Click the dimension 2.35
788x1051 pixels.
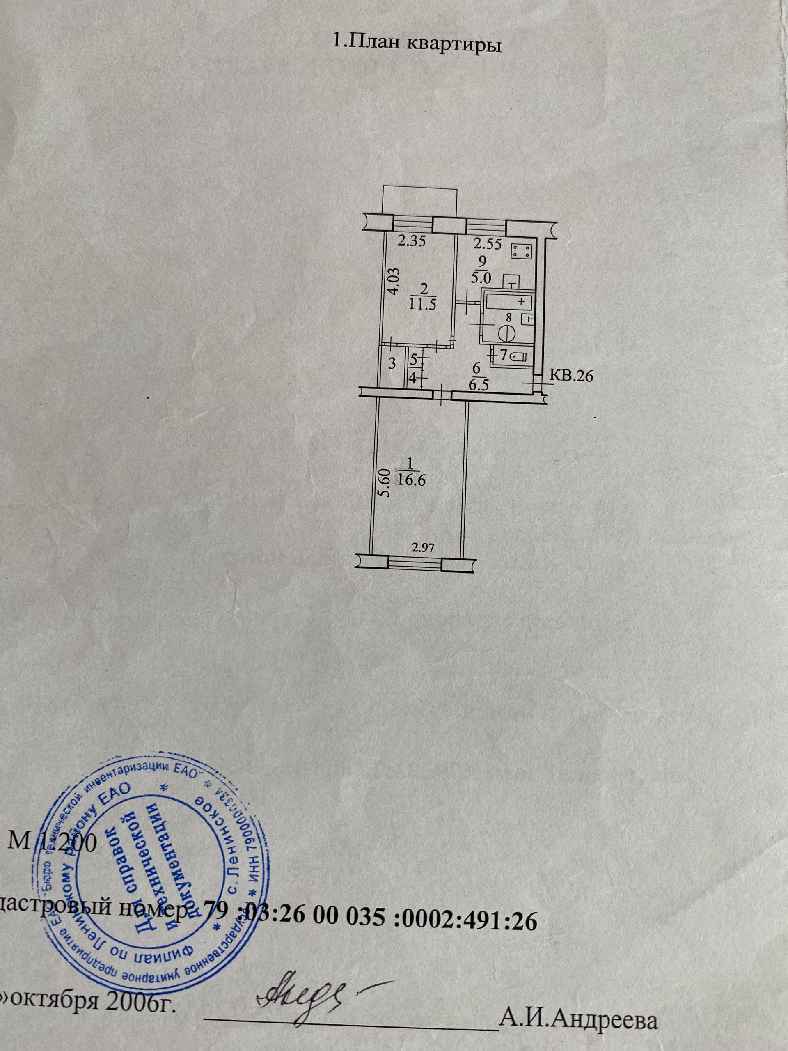tap(411, 242)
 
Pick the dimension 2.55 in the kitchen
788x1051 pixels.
tap(486, 244)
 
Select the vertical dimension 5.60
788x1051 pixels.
tap(384, 483)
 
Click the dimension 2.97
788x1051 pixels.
tap(424, 548)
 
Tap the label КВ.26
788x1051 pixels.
tap(571, 376)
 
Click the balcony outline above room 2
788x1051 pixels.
tap(421, 202)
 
